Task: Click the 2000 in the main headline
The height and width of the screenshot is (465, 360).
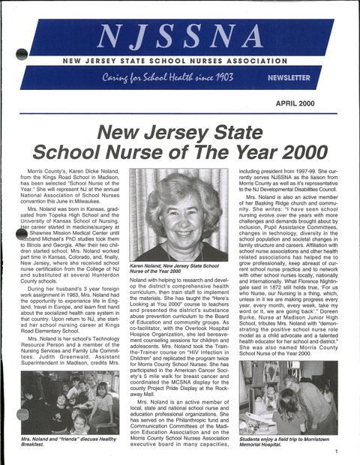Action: (289, 150)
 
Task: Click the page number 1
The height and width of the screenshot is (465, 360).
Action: (337, 451)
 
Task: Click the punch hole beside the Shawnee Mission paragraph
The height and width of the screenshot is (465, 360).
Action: (22, 234)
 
